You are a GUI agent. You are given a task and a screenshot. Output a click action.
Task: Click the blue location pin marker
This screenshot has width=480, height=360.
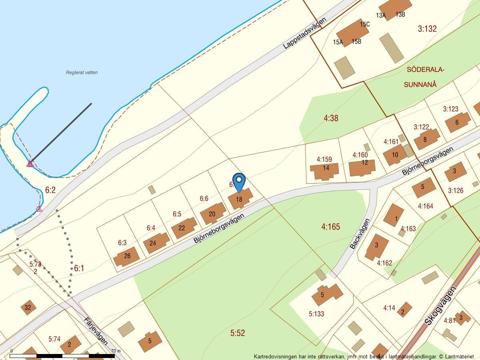(239, 182)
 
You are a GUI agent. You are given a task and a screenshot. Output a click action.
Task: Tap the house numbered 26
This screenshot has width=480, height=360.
(127, 256)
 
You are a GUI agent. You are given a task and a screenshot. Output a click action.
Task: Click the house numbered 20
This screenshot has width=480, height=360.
(212, 214)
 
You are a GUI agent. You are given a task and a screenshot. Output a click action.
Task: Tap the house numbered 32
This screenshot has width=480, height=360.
(28, 307)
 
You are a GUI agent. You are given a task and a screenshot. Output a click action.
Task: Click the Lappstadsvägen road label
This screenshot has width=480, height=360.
(305, 33)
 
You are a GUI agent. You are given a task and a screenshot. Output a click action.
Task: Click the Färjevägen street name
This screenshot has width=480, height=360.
(96, 330)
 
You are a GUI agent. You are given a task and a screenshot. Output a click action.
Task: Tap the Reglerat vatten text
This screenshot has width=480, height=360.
(82, 72)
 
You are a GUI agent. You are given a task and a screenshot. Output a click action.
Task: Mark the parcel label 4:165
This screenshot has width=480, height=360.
(330, 227)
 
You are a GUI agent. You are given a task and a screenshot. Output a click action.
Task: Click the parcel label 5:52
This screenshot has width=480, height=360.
(238, 332)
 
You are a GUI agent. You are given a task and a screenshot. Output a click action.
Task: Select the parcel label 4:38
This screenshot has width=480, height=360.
(331, 118)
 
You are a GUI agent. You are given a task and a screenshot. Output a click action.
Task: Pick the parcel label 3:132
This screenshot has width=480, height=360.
(427, 28)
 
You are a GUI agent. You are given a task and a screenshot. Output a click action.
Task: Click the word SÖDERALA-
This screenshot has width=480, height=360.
(425, 70)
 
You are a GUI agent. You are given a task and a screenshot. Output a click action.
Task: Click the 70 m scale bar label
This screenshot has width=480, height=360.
(116, 351)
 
